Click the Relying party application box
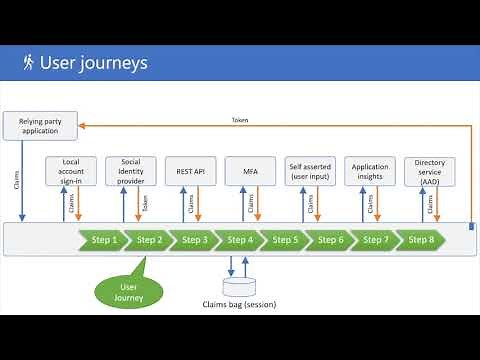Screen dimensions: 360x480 coord(41,126)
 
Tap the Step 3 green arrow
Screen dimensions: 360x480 coord(192,240)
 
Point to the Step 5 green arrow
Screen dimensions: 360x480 coord(283,240)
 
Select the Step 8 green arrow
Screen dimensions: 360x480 coord(420,240)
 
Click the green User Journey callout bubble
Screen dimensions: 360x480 coord(122,291)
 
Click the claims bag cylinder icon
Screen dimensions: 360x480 coord(236,287)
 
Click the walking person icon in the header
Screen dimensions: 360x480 coord(26,63)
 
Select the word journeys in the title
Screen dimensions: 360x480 coord(112,64)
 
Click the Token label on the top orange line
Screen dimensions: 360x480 coord(240,120)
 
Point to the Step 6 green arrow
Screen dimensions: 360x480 coord(329,240)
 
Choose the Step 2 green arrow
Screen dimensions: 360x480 coord(147,240)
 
